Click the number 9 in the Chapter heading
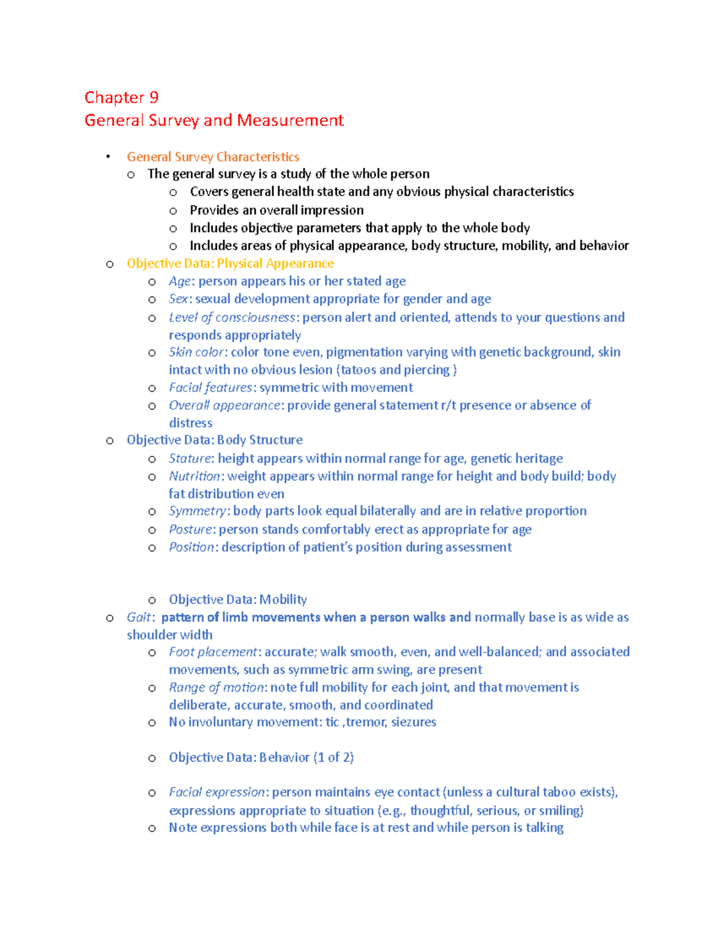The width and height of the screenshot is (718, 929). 154,98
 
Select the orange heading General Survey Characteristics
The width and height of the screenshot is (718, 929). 213,157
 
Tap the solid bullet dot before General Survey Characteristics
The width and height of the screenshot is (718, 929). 108,157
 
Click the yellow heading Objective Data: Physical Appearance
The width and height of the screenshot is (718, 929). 230,263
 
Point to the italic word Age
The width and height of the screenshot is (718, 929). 180,281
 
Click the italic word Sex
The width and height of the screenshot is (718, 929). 178,299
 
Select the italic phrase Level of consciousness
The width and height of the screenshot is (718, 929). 232,317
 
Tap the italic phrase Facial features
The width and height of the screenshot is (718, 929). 210,388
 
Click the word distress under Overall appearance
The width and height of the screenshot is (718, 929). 190,423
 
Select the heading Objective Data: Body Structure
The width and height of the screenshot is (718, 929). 214,440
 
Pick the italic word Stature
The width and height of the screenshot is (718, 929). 190,458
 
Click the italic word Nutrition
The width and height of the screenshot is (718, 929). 194,476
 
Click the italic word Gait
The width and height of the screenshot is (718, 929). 140,617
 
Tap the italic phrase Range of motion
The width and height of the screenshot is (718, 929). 216,687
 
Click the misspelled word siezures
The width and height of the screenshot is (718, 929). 413,722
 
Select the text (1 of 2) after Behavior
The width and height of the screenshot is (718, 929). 333,757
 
